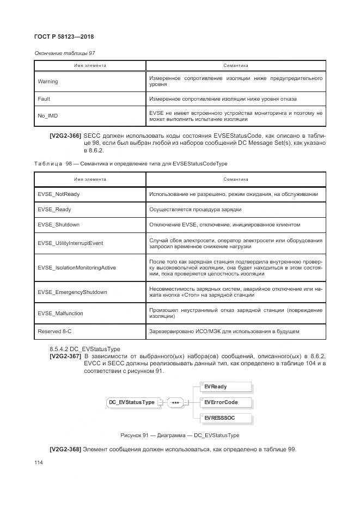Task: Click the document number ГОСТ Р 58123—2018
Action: pos(65,37)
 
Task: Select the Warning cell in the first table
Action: pos(48,82)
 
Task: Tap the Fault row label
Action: pos(44,99)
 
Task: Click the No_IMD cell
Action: pos(48,116)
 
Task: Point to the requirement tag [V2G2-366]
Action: pos(65,135)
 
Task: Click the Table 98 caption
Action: pos(131,163)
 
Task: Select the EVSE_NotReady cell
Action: pos(58,194)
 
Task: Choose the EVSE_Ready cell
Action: pos(54,210)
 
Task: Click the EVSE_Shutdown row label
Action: pos(58,225)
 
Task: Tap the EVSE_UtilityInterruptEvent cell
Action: pos(70,243)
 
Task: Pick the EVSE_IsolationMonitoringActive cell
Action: pos(77,267)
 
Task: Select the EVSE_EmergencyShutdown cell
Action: pos(72,292)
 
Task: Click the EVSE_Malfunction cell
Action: pos(60,313)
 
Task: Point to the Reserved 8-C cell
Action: pos(54,331)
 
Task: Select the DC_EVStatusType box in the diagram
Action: pos(132,402)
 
